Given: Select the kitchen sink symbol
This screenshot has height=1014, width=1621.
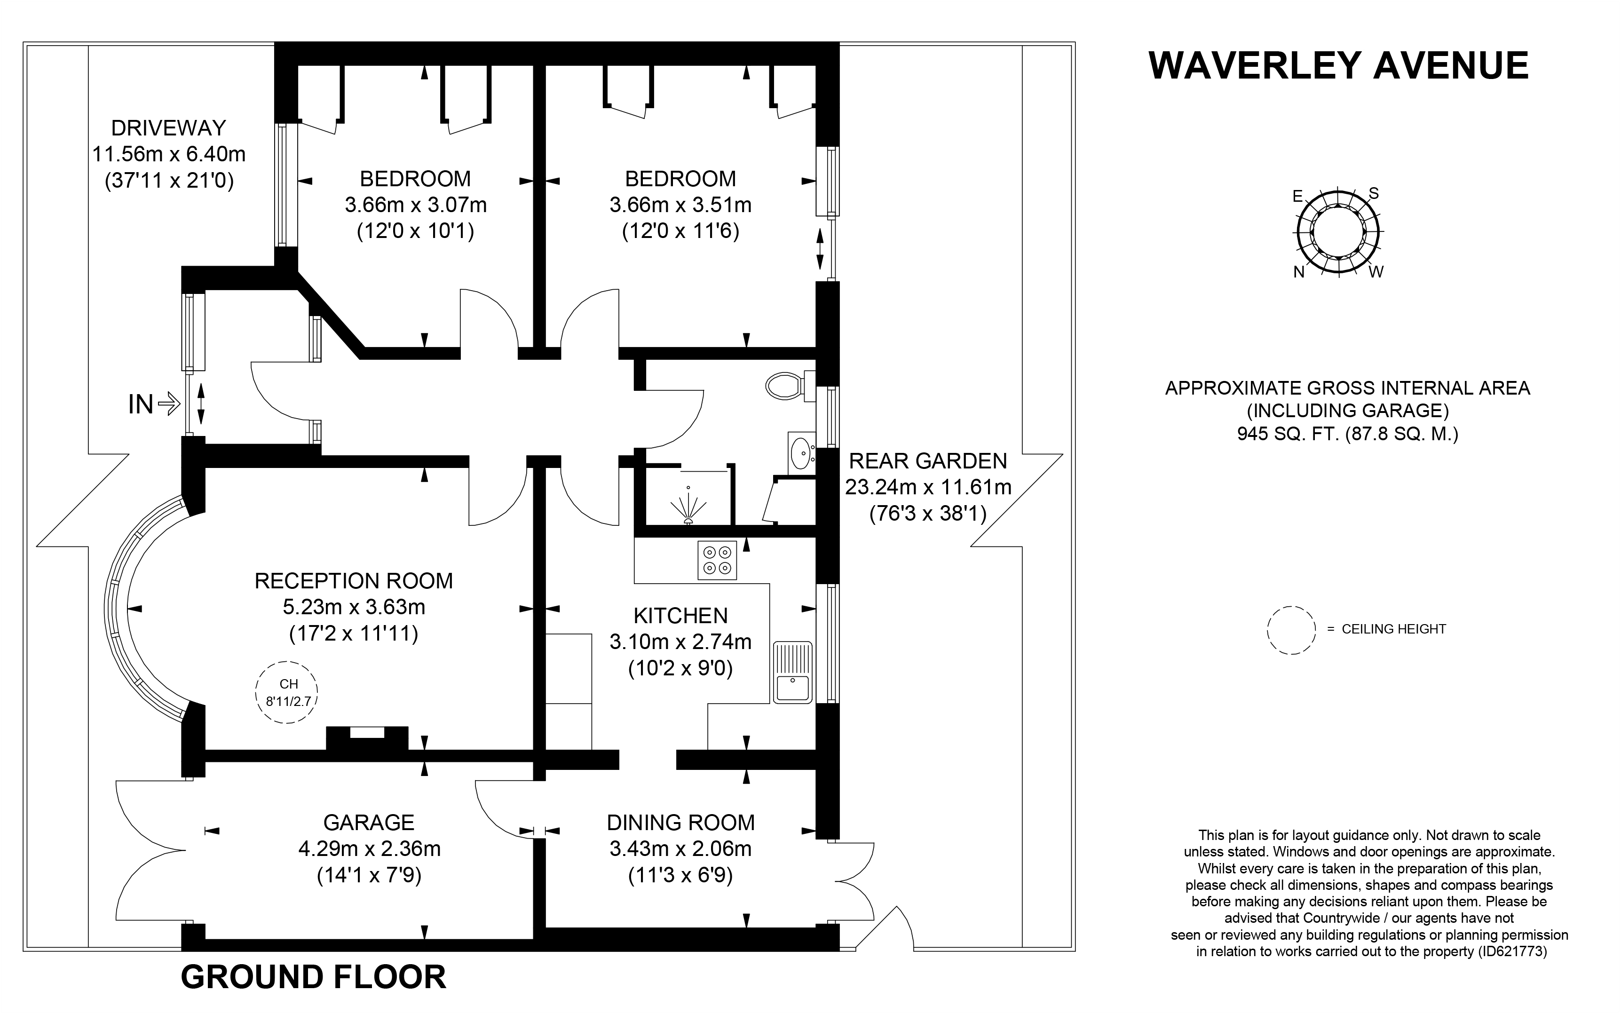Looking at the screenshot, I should tap(792, 672).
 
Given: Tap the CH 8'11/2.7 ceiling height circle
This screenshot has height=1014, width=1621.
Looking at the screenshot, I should tap(287, 691).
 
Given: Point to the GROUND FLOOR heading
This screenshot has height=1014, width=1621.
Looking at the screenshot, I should tap(313, 977).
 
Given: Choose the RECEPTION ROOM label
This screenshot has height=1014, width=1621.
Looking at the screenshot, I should tap(353, 581).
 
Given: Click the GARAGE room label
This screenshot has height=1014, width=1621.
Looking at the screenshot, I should tap(369, 822).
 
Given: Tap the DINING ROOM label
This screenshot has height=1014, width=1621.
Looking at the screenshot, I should tap(680, 822).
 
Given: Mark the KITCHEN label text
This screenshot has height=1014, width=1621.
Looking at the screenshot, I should tap(680, 616).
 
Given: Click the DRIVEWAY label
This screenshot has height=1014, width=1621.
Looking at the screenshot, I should tap(168, 127).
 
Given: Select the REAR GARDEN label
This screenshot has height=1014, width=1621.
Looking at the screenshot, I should tap(928, 461).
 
